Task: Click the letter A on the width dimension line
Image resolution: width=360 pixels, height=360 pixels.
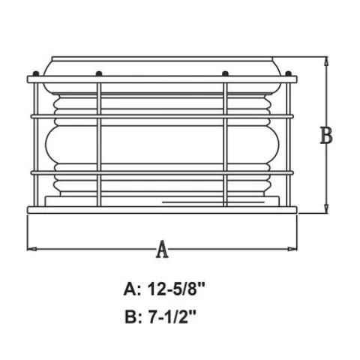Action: coord(162,249)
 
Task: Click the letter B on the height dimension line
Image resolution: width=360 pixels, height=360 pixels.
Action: coord(326,135)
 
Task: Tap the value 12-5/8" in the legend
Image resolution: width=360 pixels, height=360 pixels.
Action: coord(176,289)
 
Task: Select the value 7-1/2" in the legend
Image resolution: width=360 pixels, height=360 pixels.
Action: coord(172,317)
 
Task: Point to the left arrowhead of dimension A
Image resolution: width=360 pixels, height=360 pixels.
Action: coord(31,249)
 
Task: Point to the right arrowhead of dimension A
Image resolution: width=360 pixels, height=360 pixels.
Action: coord(292,249)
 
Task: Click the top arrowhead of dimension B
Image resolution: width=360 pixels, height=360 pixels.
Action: coord(326,61)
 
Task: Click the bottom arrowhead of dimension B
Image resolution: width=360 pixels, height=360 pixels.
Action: coord(326,208)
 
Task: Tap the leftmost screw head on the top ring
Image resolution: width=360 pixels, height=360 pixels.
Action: coord(36,73)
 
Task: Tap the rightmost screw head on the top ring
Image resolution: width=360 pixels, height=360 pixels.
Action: coord(288,73)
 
